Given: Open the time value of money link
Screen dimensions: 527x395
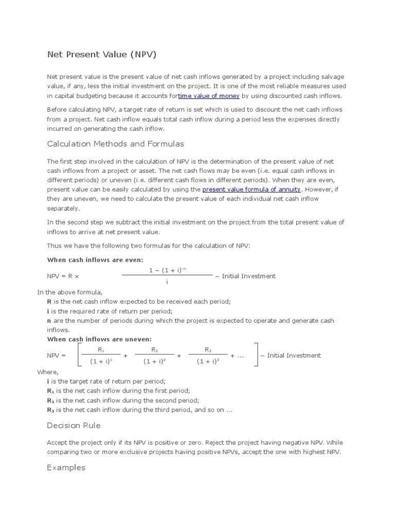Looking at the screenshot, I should click(209, 96).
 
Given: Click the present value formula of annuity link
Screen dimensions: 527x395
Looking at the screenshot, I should click(252, 189).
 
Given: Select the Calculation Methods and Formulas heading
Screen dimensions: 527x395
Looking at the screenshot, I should click(115, 144).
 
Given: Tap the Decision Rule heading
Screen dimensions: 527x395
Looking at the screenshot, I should click(74, 425).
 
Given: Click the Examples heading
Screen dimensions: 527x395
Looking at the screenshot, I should click(66, 467).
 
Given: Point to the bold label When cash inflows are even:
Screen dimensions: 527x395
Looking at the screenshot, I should click(95, 260).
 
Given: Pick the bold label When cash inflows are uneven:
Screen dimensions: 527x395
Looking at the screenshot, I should click(99, 339).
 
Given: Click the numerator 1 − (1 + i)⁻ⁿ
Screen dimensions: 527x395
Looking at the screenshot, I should click(167, 270).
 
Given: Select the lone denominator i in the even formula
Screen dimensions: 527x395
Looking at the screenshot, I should click(167, 282).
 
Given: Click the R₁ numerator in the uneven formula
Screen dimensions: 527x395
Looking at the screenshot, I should click(101, 350).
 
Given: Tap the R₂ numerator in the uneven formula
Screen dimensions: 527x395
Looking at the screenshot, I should click(154, 350).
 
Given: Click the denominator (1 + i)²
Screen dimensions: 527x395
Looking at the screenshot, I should click(154, 361).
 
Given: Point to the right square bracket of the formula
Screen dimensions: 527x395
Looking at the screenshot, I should click(256, 355).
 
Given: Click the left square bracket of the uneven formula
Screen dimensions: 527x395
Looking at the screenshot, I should click(79, 355).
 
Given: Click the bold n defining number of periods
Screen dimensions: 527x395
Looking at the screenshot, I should click(49, 321).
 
